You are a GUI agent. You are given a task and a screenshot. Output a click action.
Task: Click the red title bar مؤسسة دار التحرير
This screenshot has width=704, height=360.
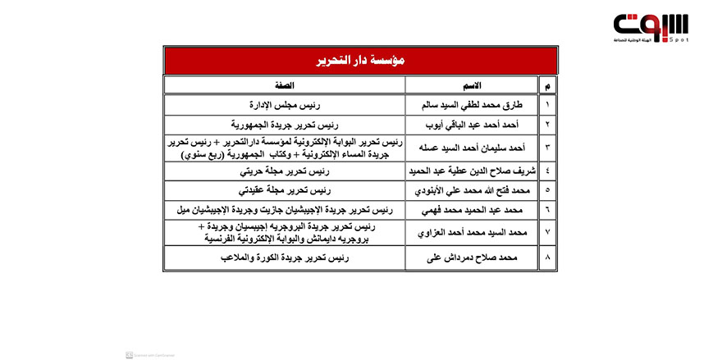point(359,61)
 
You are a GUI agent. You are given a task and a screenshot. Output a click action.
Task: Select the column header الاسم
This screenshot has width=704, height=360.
point(471,85)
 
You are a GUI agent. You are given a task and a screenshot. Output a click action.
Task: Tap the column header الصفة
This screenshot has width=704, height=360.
point(285,85)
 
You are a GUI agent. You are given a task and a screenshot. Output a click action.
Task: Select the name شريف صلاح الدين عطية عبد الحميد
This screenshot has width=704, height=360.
point(471,171)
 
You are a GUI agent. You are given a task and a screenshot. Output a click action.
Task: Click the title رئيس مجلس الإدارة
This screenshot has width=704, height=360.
point(285,106)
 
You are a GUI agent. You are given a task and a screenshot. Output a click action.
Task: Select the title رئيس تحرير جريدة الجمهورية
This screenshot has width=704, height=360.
point(285,125)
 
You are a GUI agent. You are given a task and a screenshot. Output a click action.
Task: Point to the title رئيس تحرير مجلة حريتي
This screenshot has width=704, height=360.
point(285,171)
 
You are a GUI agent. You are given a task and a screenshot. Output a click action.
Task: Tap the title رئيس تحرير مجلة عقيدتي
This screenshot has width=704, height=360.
point(285,191)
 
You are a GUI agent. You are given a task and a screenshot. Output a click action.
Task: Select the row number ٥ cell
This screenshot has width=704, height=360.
point(548,191)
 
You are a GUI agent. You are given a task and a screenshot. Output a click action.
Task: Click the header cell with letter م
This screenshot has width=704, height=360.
point(548,85)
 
